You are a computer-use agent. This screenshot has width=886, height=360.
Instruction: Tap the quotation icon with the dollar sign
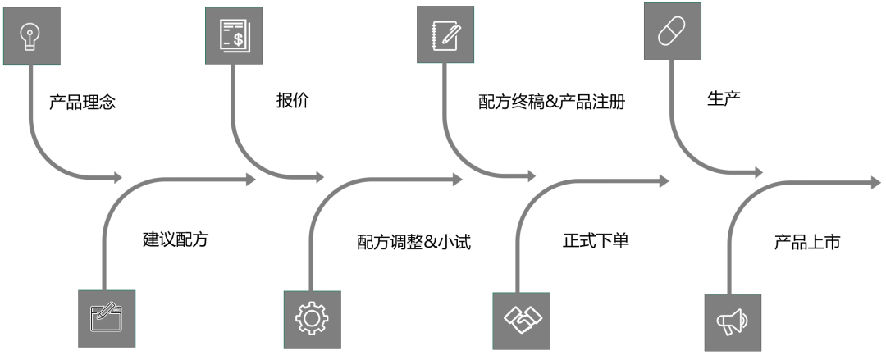coord(233,36)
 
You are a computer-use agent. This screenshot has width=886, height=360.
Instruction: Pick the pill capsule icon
coord(672,30)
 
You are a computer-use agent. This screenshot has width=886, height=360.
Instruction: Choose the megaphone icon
coord(733,322)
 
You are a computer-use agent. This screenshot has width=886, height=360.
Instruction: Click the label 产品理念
coord(82,103)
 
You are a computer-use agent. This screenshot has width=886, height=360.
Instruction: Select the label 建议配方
coord(176,240)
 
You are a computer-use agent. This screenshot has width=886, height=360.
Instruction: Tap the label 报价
coord(293,101)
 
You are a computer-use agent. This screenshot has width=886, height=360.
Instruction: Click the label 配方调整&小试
coord(413,242)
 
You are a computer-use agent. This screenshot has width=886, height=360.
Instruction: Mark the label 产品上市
coord(807,242)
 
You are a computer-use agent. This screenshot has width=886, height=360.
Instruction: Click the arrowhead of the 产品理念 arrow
coord(116,177)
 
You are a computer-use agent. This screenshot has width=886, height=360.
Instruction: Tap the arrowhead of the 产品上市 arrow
coord(875,181)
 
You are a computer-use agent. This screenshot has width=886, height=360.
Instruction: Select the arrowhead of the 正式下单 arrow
coord(663,180)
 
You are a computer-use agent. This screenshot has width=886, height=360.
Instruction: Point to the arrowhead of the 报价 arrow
coord(318,177)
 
